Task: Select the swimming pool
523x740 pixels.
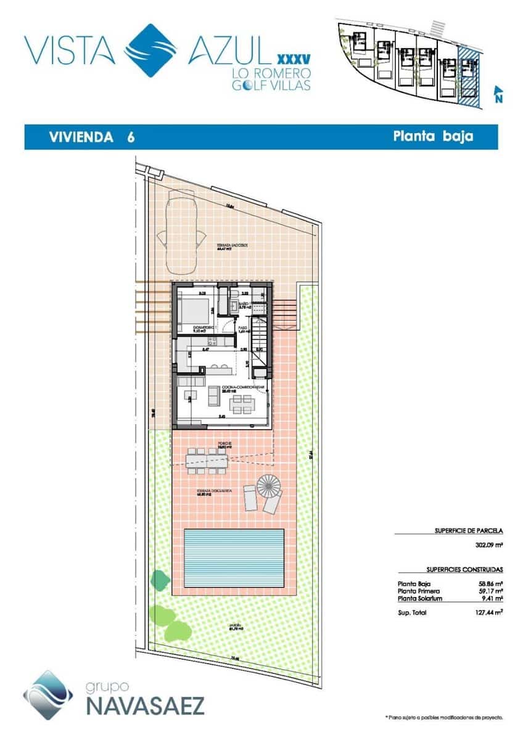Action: [234, 557]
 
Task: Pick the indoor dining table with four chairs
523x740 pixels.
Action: [242, 404]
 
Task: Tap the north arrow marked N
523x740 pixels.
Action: [498, 94]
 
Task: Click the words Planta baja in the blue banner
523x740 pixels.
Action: [433, 136]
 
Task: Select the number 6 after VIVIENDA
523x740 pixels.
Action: [131, 138]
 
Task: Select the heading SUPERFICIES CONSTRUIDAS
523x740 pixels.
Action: [464, 570]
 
